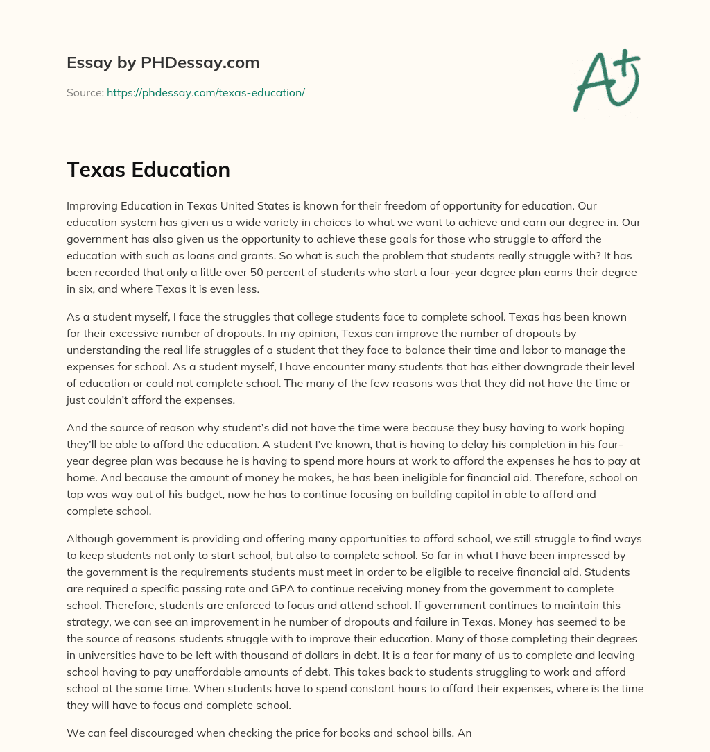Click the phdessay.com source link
206,92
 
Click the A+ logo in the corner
606,80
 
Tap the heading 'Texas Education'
148,170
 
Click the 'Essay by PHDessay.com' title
163,63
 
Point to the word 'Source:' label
85,92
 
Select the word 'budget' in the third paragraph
222,495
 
